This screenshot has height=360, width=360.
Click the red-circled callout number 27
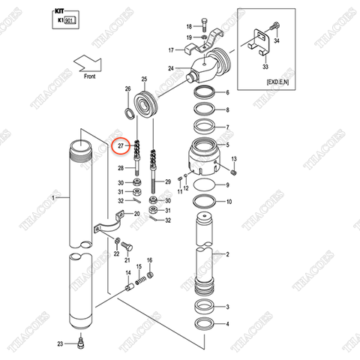pyautogui.click(x=116, y=145)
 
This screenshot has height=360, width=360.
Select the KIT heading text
pyautogui.click(x=61, y=13)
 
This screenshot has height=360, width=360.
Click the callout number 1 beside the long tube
pyautogui.click(x=54, y=197)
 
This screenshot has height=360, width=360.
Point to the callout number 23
pyautogui.click(x=59, y=343)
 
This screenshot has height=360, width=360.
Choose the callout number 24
pyautogui.click(x=172, y=69)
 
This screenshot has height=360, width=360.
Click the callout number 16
pyautogui.click(x=149, y=260)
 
